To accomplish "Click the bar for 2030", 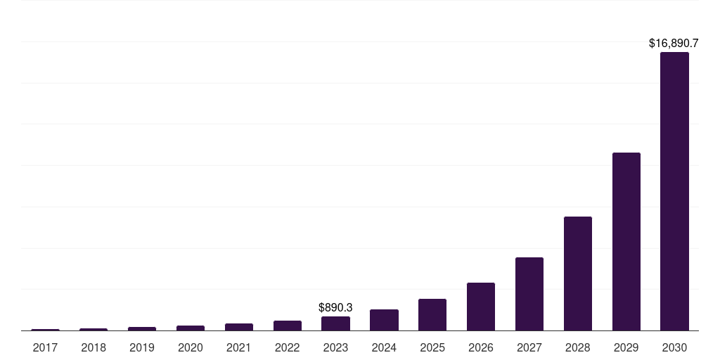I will click(x=674, y=191).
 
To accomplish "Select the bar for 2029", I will click(x=626, y=241).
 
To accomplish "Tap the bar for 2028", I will click(x=577, y=274).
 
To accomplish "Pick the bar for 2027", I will click(x=529, y=294).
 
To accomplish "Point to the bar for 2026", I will click(x=480, y=307).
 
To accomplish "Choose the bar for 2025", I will click(x=432, y=314).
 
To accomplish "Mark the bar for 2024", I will click(x=384, y=320).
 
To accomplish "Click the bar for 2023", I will click(x=335, y=323).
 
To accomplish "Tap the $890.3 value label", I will click(x=335, y=307).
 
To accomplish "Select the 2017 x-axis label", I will click(x=45, y=347).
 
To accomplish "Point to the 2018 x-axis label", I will click(x=94, y=347).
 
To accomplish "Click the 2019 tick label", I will click(x=142, y=347).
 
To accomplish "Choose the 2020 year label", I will click(x=191, y=347).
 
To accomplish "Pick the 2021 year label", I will click(x=238, y=347).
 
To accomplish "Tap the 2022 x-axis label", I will click(x=287, y=347).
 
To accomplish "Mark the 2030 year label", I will click(x=674, y=347).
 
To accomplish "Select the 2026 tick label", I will click(x=480, y=347).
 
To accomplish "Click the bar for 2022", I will click(x=287, y=326).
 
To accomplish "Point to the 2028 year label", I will click(x=577, y=347).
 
